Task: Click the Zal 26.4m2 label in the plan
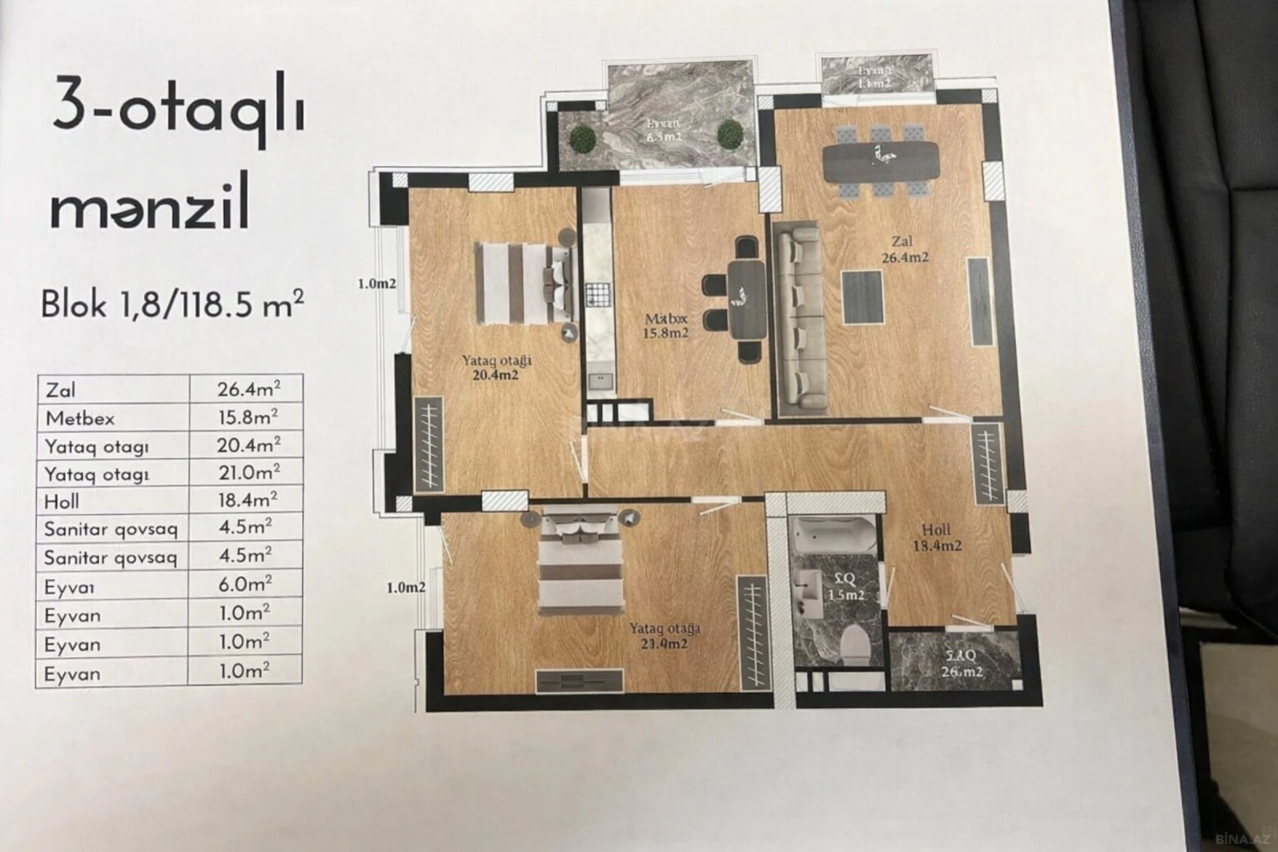(905, 249)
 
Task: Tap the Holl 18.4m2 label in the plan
(937, 537)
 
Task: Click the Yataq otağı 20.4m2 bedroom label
(496, 368)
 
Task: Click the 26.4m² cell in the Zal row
(248, 389)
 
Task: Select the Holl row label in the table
(62, 501)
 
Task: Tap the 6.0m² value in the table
(245, 584)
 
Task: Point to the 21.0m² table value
(249, 472)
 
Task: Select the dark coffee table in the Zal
(861, 297)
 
